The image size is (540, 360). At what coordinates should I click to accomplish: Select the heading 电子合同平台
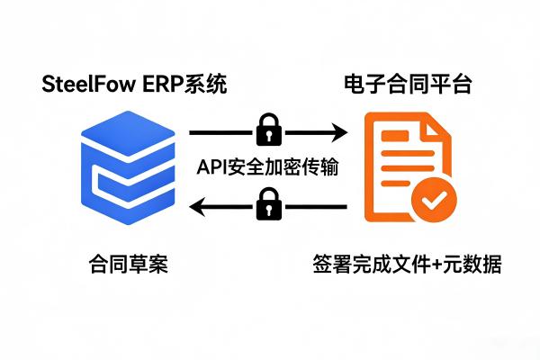(x=409, y=85)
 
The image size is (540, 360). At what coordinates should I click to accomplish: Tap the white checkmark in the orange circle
(x=433, y=201)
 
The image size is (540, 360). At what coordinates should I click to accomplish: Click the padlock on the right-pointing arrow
(x=267, y=131)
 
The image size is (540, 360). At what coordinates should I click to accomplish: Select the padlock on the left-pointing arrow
(x=267, y=204)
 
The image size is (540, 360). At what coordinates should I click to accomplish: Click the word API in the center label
(x=211, y=167)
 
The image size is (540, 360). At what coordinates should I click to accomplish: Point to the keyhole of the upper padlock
(x=267, y=136)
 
